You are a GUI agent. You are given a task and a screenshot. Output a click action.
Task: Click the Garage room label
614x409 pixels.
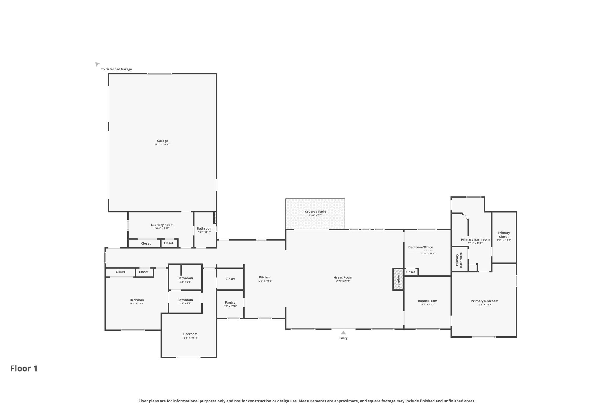tap(162, 141)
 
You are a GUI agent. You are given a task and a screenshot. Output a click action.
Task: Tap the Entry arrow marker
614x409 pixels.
tap(343, 333)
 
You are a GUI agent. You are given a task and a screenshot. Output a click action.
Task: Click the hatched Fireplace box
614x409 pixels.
tap(398, 280)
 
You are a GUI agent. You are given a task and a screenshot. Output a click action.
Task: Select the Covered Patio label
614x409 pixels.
tap(315, 212)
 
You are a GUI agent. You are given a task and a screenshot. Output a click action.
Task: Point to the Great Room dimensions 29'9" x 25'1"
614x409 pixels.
tap(343, 281)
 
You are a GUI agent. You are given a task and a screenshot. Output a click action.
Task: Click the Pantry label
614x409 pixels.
tap(230, 302)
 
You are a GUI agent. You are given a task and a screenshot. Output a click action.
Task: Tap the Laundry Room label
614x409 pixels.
tap(162, 225)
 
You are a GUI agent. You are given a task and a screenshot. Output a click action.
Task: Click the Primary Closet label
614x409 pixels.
tap(504, 235)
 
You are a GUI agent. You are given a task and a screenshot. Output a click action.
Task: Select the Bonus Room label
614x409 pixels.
tap(427, 301)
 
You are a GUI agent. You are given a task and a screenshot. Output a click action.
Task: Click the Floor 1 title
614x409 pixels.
tap(24, 368)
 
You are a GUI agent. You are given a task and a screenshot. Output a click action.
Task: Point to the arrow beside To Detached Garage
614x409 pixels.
tap(97, 64)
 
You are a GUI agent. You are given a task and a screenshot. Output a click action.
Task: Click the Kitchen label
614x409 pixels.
tap(264, 277)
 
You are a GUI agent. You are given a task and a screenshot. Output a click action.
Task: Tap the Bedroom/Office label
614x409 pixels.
tap(420, 247)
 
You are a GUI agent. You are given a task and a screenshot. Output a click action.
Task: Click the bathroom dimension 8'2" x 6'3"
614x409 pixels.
tap(185, 282)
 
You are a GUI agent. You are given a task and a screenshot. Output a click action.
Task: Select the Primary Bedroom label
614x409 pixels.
tap(484, 301)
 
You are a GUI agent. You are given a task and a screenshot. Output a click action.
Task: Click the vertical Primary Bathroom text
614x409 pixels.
tap(459, 260)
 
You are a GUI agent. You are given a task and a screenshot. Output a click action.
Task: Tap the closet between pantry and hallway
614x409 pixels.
tap(230, 279)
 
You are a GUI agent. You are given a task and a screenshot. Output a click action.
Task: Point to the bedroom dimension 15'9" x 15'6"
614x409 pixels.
tap(137, 304)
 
